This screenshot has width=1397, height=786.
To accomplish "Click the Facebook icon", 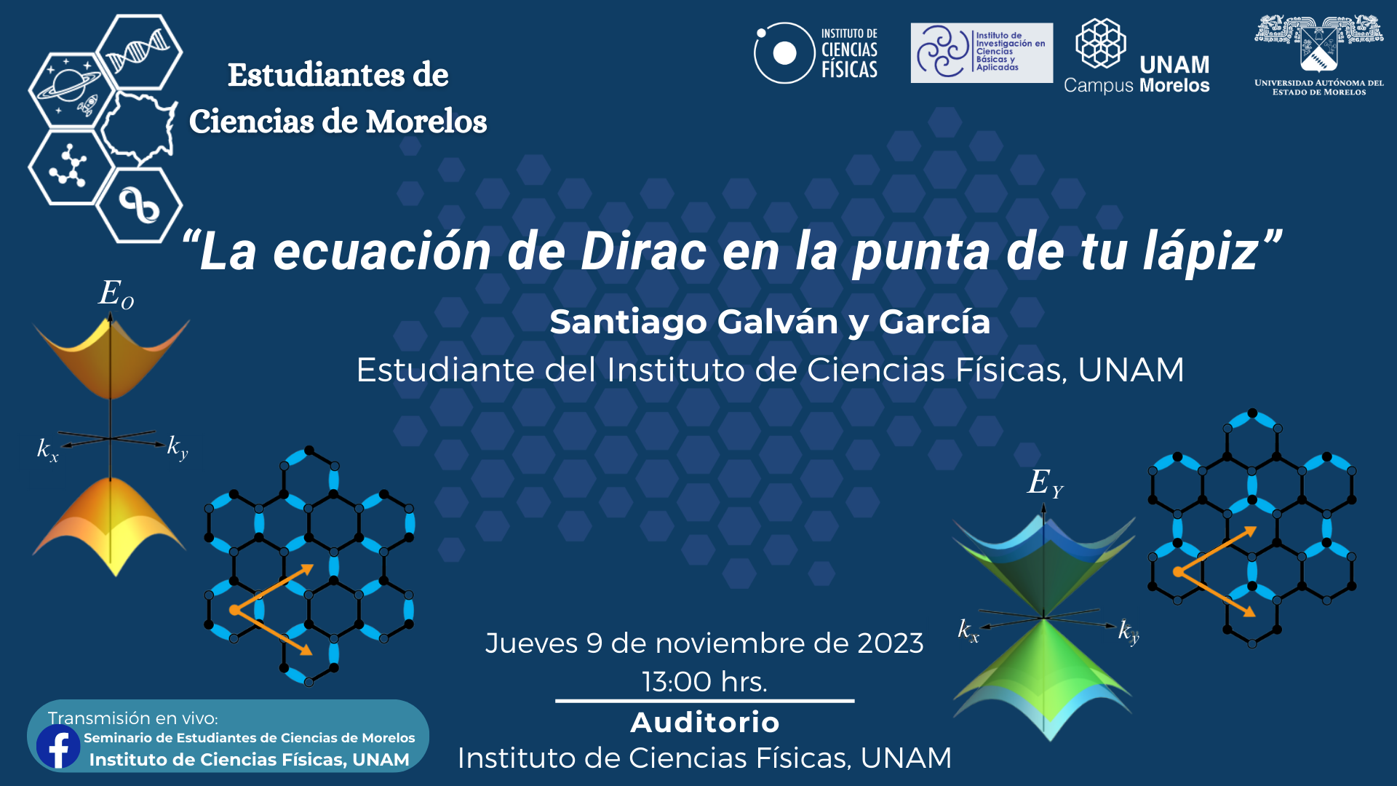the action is (x=58, y=746).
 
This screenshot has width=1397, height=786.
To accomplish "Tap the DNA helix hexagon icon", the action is (x=140, y=52).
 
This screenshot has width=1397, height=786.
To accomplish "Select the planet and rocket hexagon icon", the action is (x=71, y=90).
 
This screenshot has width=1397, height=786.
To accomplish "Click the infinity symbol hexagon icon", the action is (x=140, y=205).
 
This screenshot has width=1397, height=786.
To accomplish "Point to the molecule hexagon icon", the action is (x=71, y=166).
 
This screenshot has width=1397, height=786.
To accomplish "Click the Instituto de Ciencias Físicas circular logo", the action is (x=784, y=53).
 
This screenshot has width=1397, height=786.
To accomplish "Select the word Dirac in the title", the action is (x=644, y=252).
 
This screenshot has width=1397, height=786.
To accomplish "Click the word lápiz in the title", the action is (x=1201, y=252).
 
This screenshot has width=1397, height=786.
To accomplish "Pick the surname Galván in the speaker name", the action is (x=777, y=322).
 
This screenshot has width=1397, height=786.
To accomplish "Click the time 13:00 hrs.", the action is (x=704, y=682).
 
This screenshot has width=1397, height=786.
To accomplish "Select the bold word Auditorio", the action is (x=704, y=723).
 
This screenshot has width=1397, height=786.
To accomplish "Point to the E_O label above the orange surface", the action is (x=116, y=294).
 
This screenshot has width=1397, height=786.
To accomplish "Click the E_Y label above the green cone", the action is (x=1046, y=483).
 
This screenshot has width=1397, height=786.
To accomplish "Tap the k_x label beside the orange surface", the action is (x=47, y=450).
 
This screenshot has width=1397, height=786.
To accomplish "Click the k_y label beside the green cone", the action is (x=1129, y=631).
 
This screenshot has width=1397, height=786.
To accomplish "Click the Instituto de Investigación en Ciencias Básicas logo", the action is (x=982, y=52).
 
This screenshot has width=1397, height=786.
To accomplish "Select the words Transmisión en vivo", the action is (x=132, y=718).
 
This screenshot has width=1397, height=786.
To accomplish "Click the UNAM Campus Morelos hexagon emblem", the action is (x=1101, y=43).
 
